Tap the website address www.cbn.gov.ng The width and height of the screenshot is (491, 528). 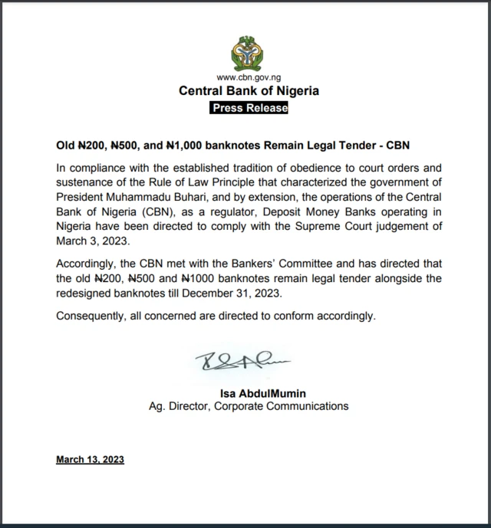pos(249,77)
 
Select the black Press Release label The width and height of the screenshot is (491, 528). pos(249,108)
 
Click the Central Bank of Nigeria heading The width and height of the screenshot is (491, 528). pos(249,91)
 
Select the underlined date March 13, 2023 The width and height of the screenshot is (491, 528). pos(90,460)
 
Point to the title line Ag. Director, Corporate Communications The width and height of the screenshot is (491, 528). pos(249,406)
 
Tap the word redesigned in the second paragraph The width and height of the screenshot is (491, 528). pos(89,294)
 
